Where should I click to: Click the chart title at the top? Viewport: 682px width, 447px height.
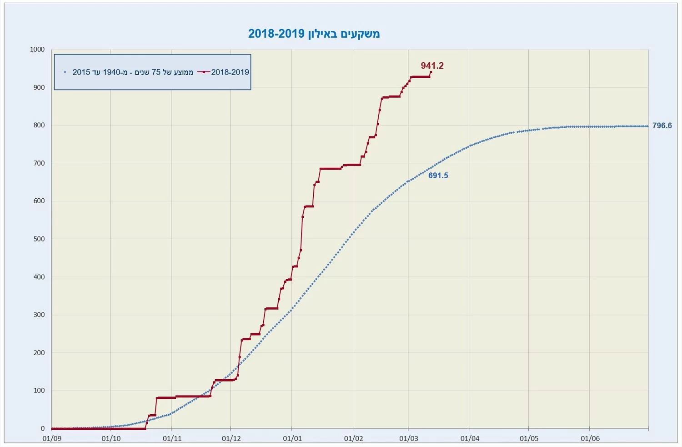click(314, 34)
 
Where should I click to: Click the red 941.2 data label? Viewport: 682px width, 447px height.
click(432, 65)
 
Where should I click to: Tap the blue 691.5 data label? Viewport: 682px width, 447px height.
click(438, 176)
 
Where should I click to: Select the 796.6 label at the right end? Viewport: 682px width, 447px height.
click(662, 126)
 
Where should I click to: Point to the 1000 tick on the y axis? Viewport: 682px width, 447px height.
click(37, 49)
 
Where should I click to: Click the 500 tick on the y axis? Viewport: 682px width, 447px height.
click(39, 239)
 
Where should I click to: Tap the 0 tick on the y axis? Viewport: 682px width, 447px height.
click(43, 428)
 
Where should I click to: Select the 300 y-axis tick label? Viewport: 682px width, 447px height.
click(39, 315)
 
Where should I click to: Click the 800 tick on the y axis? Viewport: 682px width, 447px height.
click(39, 125)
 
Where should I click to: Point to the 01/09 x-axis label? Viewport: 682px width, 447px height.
click(52, 438)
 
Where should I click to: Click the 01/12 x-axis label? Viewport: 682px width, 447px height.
click(231, 438)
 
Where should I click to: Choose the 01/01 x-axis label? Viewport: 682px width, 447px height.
click(292, 438)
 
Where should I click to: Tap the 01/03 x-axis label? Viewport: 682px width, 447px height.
click(408, 438)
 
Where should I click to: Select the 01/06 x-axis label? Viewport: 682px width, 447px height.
click(590, 438)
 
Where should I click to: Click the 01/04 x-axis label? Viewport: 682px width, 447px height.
click(470, 438)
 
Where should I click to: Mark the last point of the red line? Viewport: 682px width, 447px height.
click(431, 72)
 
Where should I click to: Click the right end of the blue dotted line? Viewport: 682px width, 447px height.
click(647, 126)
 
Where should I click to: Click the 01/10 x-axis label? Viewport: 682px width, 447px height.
click(111, 438)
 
